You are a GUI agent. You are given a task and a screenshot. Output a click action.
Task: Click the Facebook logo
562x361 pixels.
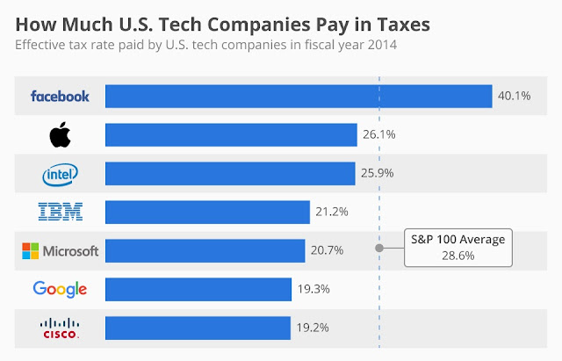coord(60,96)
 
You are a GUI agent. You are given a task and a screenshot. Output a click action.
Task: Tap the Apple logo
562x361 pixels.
coord(60,134)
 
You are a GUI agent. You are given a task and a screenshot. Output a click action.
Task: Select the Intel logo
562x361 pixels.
coord(61,173)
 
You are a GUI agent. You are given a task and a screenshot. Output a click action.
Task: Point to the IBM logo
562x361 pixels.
coord(61,212)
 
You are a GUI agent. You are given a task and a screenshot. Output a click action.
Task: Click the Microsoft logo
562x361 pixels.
coord(60,251)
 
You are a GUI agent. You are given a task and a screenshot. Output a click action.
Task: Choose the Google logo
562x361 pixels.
coord(60,289)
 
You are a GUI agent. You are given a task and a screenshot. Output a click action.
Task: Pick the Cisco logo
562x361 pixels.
coord(60,329)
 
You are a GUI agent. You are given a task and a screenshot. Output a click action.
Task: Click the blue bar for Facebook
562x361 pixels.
coord(298,96)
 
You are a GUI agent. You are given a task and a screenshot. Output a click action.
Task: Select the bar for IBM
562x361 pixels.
coord(207,212)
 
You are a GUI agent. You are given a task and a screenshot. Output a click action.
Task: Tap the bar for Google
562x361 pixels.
coord(198,289)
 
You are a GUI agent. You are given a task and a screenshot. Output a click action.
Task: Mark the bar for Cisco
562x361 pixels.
coord(198,328)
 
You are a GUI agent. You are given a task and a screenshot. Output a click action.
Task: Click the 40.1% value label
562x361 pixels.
coord(514,96)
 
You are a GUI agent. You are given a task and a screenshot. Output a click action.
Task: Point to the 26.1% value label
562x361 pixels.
coord(377,134)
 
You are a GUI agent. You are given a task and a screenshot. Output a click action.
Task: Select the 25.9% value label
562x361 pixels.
coord(377,173)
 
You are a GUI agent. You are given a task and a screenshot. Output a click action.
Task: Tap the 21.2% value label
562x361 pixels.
coord(332,212)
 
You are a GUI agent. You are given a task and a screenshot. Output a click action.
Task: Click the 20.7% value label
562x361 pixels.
coord(327,250)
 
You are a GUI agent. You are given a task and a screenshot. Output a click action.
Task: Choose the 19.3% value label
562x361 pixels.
coord(313,289)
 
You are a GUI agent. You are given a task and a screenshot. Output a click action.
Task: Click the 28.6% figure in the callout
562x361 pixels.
coord(458,255)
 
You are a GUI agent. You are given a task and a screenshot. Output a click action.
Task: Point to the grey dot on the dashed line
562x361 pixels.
coord(379,248)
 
